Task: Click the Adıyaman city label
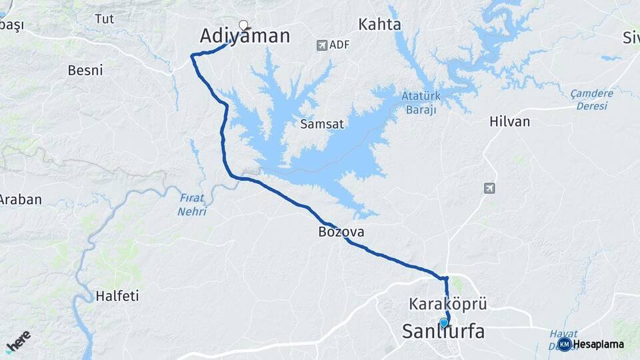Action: point(245,36)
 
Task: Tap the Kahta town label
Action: point(379,25)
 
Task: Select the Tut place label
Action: point(104,19)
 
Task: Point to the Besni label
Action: point(85,69)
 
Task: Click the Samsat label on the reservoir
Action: point(321,123)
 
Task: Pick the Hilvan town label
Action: point(509,121)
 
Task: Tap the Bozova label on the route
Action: point(341,232)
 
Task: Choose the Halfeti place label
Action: point(117,296)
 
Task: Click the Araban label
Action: point(20,199)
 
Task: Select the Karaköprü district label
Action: point(448,304)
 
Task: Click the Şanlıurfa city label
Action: point(443,331)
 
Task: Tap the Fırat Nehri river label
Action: point(192,205)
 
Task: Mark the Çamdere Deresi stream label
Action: point(591,99)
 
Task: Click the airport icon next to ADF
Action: point(323,45)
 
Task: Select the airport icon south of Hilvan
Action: point(489,188)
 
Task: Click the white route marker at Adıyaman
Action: point(243,25)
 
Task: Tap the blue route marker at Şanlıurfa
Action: point(444,323)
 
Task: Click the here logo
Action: point(18,340)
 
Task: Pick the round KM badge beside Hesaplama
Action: point(564,344)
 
